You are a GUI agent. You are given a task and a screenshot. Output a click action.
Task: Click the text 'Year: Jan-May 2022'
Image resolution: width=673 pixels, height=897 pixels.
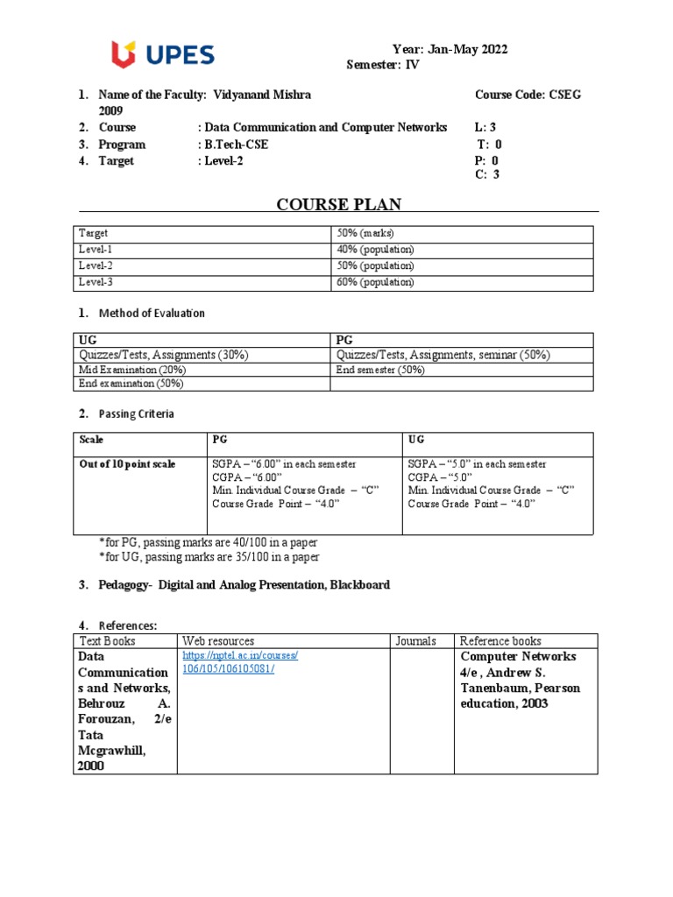tap(449, 50)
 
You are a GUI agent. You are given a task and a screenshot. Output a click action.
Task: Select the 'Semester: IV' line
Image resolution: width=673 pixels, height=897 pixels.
tap(383, 66)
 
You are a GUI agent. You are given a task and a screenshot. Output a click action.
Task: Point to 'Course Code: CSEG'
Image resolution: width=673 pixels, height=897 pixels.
tap(528, 95)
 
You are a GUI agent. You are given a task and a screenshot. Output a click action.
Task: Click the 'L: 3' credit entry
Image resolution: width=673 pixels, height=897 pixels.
tap(485, 128)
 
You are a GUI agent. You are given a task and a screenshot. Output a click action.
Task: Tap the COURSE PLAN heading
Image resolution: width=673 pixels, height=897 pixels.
tap(338, 205)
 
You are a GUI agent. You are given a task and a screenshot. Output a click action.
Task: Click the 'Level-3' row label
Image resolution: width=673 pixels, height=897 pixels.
tap(97, 282)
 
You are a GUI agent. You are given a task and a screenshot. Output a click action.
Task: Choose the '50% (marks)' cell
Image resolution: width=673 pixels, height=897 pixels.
tap(365, 234)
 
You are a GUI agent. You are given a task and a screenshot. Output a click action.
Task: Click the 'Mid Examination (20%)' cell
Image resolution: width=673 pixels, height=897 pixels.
tap(126, 370)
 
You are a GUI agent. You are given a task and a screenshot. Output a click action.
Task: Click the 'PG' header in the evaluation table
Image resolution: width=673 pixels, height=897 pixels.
tap(344, 339)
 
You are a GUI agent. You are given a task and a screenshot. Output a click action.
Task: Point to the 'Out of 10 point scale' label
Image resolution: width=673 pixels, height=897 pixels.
tap(127, 464)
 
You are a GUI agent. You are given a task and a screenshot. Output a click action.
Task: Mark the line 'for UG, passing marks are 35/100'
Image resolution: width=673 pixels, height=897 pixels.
tap(209, 557)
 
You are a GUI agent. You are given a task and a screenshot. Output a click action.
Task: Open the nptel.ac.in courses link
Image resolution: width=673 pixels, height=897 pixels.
tap(240, 662)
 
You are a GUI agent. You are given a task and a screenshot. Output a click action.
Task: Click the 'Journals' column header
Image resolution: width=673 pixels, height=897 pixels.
tap(415, 641)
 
